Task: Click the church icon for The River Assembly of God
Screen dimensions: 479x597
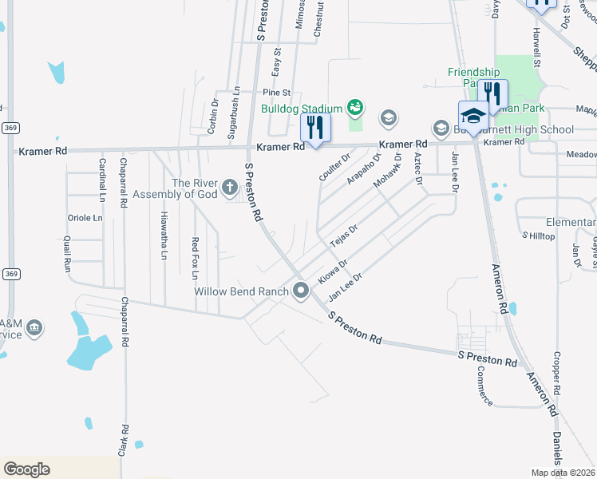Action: coord(230,188)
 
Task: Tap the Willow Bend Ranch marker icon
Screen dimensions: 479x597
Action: coord(301,291)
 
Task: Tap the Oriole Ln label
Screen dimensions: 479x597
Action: coord(86,218)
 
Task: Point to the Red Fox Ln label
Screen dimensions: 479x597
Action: coord(195,258)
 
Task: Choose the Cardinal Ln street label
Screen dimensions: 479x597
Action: coord(102,179)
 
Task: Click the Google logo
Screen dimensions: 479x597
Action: coord(26,469)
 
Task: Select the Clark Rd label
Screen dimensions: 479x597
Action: coord(125,441)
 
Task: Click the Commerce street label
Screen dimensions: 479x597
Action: coord(485,386)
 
